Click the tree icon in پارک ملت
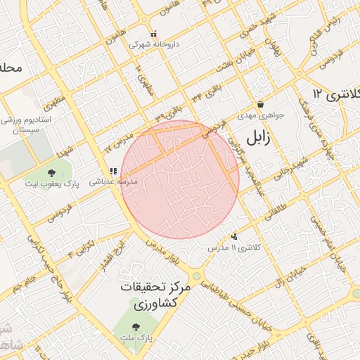(136, 326)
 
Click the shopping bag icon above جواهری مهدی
(261, 104)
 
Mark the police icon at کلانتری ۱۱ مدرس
(234, 237)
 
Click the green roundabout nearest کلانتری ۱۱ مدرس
(196, 276)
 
